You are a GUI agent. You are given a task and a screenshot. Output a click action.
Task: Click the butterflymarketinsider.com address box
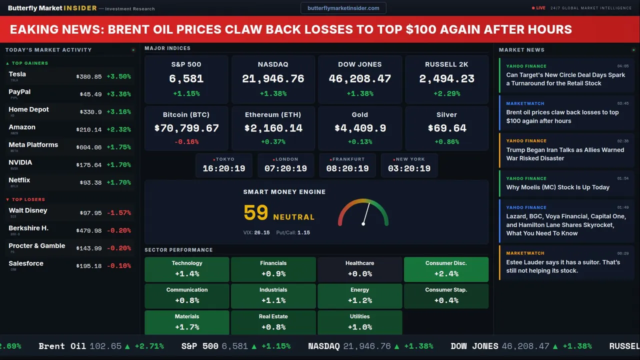click(343, 8)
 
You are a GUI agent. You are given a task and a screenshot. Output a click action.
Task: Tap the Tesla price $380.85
click(89, 77)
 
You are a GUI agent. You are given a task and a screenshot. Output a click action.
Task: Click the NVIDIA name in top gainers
click(20, 162)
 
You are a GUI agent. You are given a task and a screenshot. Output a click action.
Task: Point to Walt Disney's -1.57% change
click(118, 213)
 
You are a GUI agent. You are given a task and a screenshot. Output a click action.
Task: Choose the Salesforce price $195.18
click(89, 266)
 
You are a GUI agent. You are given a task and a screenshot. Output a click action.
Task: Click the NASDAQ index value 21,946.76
click(273, 79)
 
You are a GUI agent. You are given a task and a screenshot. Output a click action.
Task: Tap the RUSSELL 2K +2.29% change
click(446, 93)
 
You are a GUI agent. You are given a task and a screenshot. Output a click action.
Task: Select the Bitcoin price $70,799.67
click(186, 128)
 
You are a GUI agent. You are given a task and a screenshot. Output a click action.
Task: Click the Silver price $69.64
click(446, 128)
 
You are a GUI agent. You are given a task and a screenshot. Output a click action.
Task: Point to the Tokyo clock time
click(224, 169)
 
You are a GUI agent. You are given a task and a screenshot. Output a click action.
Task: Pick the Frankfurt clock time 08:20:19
click(347, 169)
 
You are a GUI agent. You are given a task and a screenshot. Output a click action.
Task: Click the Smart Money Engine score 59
click(256, 213)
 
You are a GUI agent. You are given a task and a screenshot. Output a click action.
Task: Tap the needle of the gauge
click(366, 213)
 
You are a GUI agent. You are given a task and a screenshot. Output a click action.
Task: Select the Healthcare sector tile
click(359, 269)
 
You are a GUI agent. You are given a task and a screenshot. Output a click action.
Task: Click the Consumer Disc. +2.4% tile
click(446, 269)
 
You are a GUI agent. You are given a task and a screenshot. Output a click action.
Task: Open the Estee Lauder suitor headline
click(563, 266)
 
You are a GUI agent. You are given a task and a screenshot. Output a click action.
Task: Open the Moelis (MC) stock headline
click(557, 187)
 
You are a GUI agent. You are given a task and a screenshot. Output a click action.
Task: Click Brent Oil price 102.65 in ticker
click(105, 346)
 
